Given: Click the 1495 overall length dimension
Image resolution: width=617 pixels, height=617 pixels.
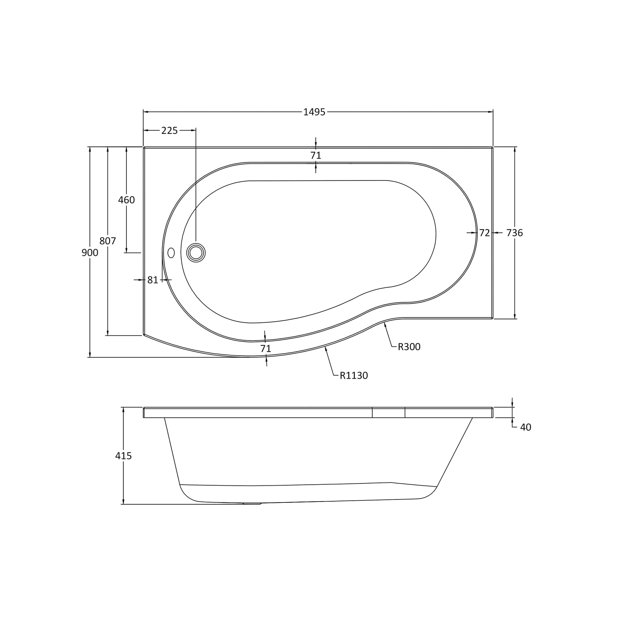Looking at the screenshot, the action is [x=314, y=112].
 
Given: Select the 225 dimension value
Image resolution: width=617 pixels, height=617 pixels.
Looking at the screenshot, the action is [x=169, y=131].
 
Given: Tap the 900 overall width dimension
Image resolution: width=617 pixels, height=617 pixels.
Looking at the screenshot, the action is [x=90, y=253].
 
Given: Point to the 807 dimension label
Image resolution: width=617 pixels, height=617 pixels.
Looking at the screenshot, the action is [x=107, y=241].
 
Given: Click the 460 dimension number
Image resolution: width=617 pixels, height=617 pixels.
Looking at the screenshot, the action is [x=127, y=200].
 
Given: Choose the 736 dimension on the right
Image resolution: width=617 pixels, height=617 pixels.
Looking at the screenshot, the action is [x=515, y=233].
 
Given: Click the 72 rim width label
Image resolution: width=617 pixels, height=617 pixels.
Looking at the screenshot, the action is [x=484, y=233].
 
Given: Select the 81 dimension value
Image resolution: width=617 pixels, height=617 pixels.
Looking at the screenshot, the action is [x=153, y=280].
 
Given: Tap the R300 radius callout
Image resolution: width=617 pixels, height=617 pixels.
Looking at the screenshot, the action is [x=409, y=347].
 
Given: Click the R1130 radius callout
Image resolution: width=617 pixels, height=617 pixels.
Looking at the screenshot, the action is [x=354, y=376].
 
